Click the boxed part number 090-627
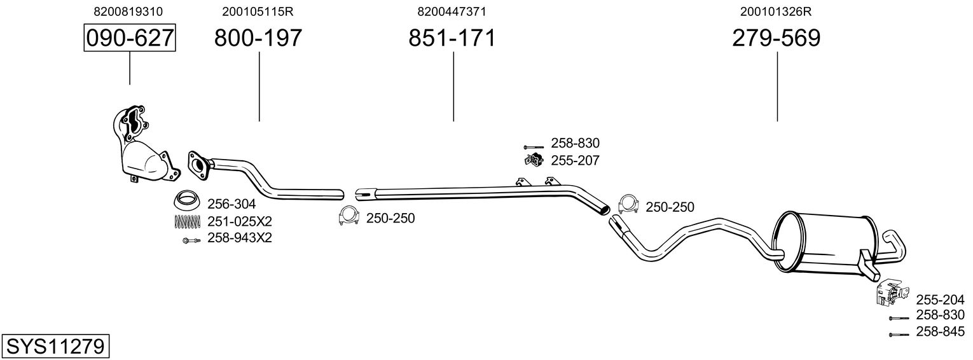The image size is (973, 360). coord(130,38)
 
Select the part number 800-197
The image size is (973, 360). coord(258,38)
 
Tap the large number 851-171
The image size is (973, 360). coord(452,38)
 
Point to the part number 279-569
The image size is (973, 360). coord(776,38)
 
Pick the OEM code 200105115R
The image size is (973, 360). coord(258,11)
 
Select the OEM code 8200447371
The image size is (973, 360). coord(452,11)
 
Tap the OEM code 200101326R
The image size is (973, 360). coord(776,11)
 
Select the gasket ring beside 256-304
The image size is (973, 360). coord(187,201)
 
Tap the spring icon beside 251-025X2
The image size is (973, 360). coord(187,222)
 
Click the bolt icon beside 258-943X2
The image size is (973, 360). coord(190,240)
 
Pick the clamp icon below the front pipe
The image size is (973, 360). coord(349,217)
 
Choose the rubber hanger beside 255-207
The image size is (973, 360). coord(534,160)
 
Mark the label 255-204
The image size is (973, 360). coord(940,300)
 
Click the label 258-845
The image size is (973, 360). coord(940,331)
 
